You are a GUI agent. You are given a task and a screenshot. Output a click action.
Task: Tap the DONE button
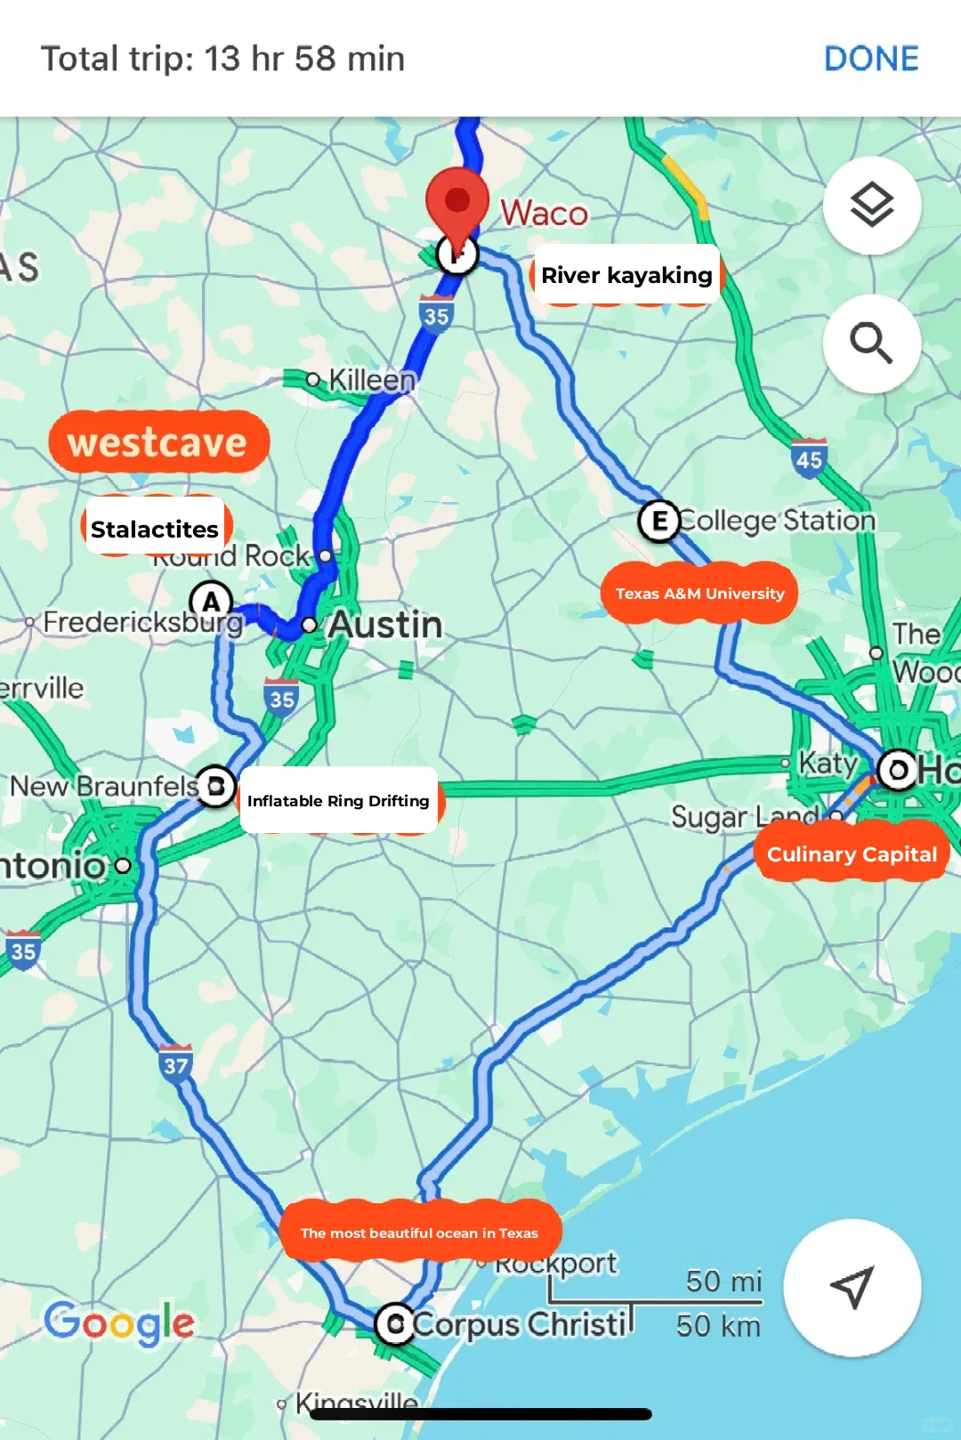tap(871, 59)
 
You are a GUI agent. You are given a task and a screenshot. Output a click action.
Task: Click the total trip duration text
tap(222, 59)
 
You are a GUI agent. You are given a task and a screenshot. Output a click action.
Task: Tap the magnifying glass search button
tap(871, 343)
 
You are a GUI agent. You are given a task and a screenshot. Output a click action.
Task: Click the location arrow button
tap(852, 1287)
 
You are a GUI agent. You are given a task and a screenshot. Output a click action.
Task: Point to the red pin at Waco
tap(456, 203)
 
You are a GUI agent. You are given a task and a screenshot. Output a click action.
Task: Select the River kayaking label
tap(626, 275)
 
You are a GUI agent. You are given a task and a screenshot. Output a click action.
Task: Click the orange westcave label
tap(158, 441)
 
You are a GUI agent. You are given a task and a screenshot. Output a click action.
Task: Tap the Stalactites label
tap(155, 529)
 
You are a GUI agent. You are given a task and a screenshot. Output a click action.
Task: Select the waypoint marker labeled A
tap(211, 601)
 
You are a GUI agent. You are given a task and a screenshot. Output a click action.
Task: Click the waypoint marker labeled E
tap(659, 521)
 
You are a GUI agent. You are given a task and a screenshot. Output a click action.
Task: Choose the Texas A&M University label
tap(699, 593)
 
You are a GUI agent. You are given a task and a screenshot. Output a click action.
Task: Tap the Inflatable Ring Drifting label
tap(338, 800)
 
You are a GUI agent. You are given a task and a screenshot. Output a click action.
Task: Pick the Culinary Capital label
tap(852, 853)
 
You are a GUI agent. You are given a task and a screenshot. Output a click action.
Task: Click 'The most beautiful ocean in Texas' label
tap(419, 1232)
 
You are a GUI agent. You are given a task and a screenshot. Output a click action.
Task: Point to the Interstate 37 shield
tap(176, 1063)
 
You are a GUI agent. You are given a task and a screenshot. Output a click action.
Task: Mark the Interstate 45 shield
tap(809, 458)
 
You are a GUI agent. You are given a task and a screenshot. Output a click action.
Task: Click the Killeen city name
tap(372, 380)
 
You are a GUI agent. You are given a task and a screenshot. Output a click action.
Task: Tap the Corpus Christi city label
tap(520, 1324)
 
